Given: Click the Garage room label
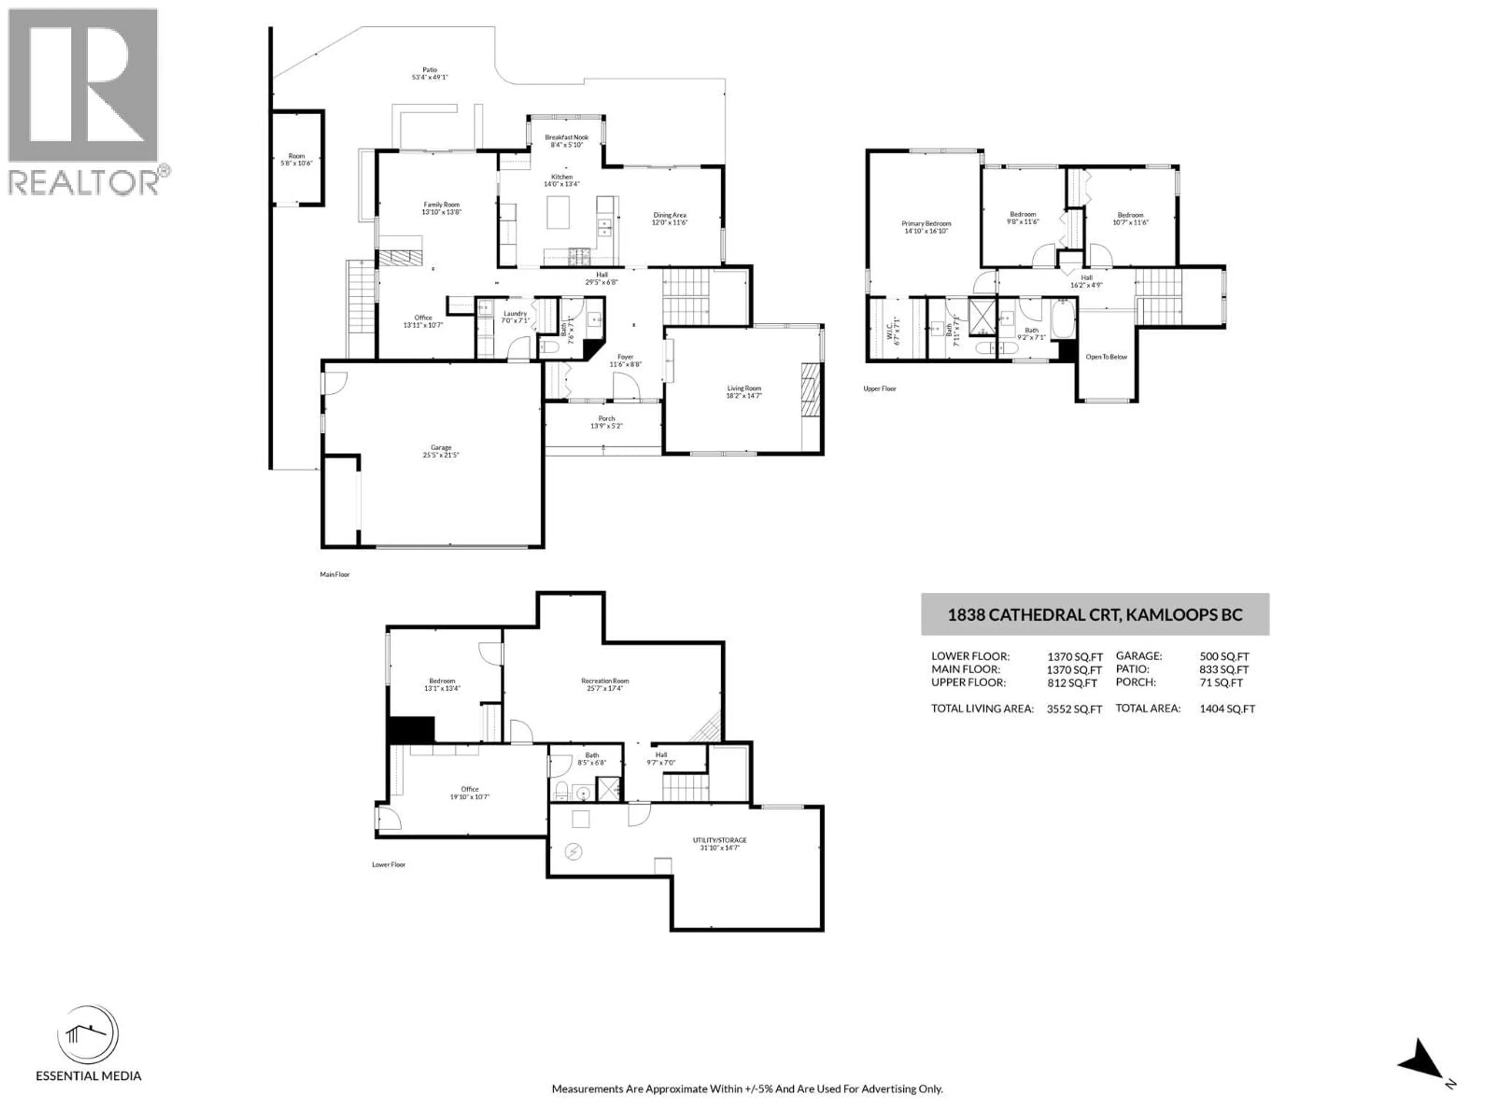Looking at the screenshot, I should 441,448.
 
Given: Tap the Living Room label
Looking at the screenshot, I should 743,388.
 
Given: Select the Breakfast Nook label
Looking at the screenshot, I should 566,137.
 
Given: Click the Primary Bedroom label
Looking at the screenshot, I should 926,224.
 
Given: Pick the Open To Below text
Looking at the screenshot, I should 1106,357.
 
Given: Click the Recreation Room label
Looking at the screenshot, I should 605,681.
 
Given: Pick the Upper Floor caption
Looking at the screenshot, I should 879,389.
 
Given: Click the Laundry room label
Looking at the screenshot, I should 515,313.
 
